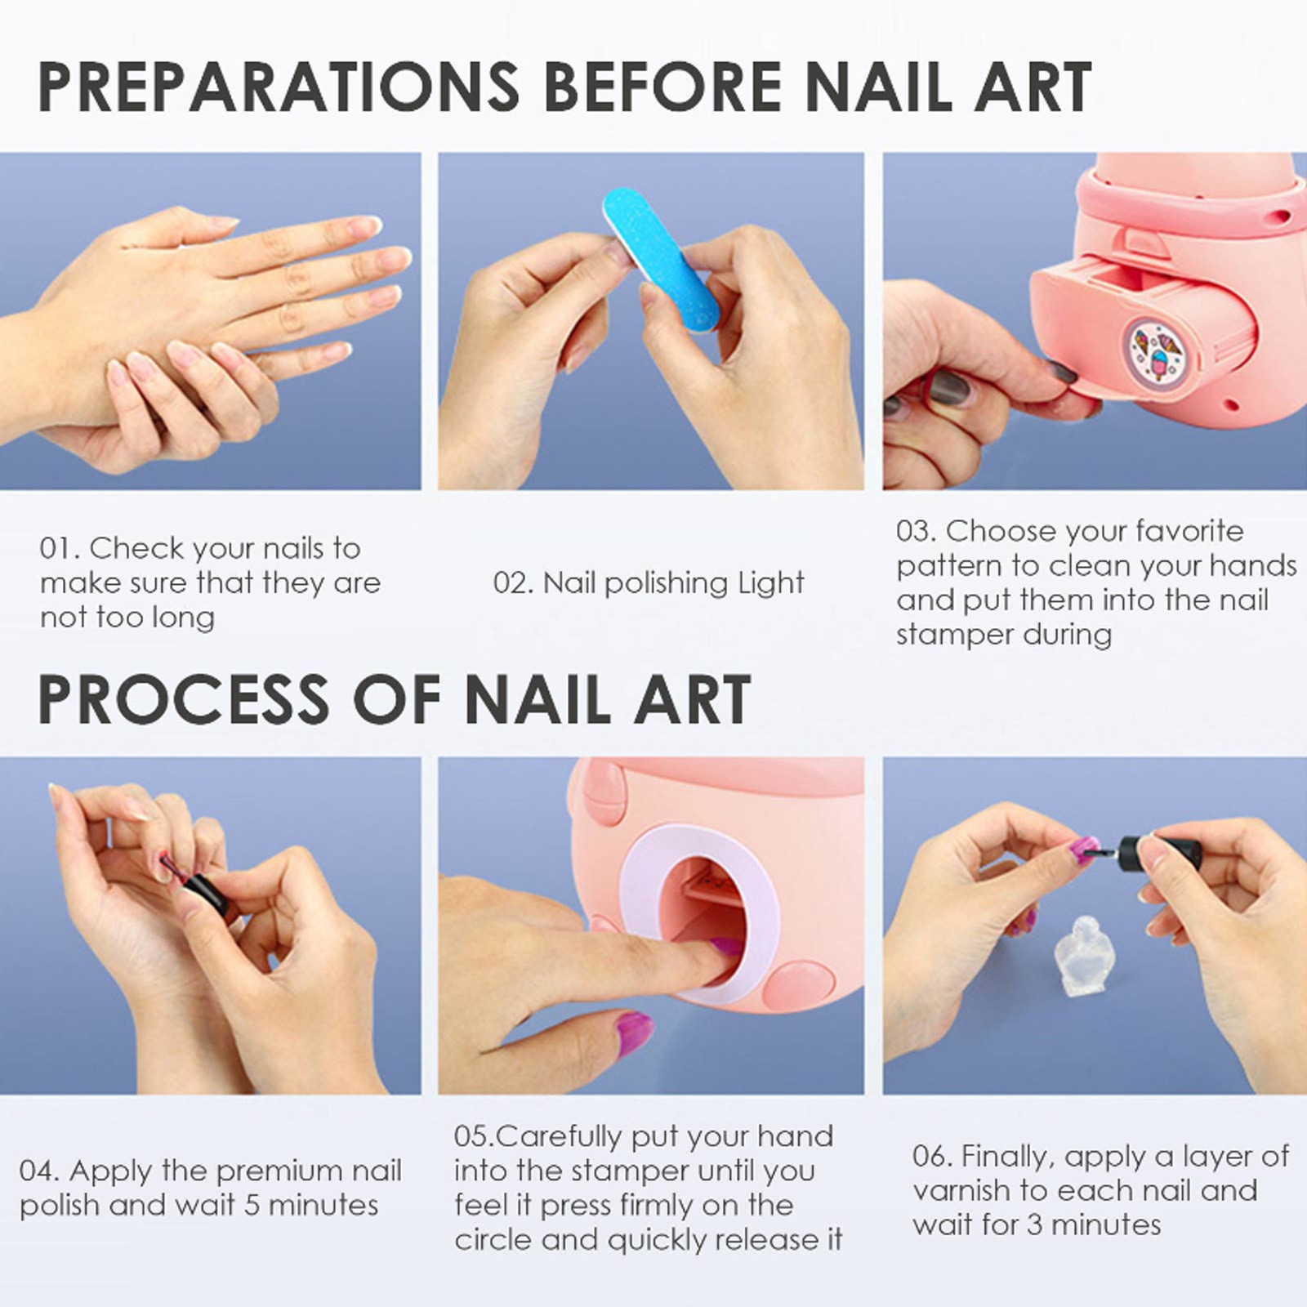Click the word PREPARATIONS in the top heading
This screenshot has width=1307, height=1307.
(x=279, y=86)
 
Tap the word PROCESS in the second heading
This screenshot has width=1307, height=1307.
(x=183, y=700)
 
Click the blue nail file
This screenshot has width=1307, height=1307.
(x=660, y=260)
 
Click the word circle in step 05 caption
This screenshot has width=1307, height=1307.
(x=494, y=1240)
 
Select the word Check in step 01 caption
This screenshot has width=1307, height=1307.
(x=136, y=548)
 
